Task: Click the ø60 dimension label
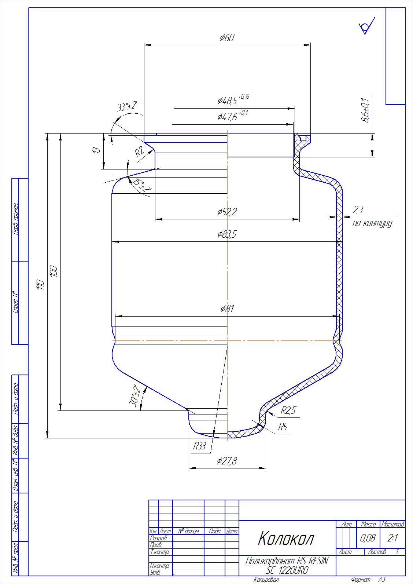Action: (x=227, y=37)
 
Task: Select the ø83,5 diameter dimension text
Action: (x=227, y=234)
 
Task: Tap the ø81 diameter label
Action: (x=227, y=309)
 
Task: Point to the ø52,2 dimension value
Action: (x=227, y=212)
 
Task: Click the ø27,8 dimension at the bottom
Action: (x=227, y=461)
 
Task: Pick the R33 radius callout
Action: (x=200, y=446)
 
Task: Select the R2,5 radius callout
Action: (x=288, y=411)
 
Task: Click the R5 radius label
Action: (x=283, y=427)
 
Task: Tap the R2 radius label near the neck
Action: (x=140, y=152)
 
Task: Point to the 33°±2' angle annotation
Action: (x=127, y=106)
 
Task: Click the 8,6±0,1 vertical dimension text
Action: (x=365, y=110)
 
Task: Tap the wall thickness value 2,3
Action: (x=358, y=210)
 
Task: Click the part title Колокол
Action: (x=286, y=539)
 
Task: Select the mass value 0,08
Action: (x=368, y=538)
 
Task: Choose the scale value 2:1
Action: (x=392, y=538)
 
